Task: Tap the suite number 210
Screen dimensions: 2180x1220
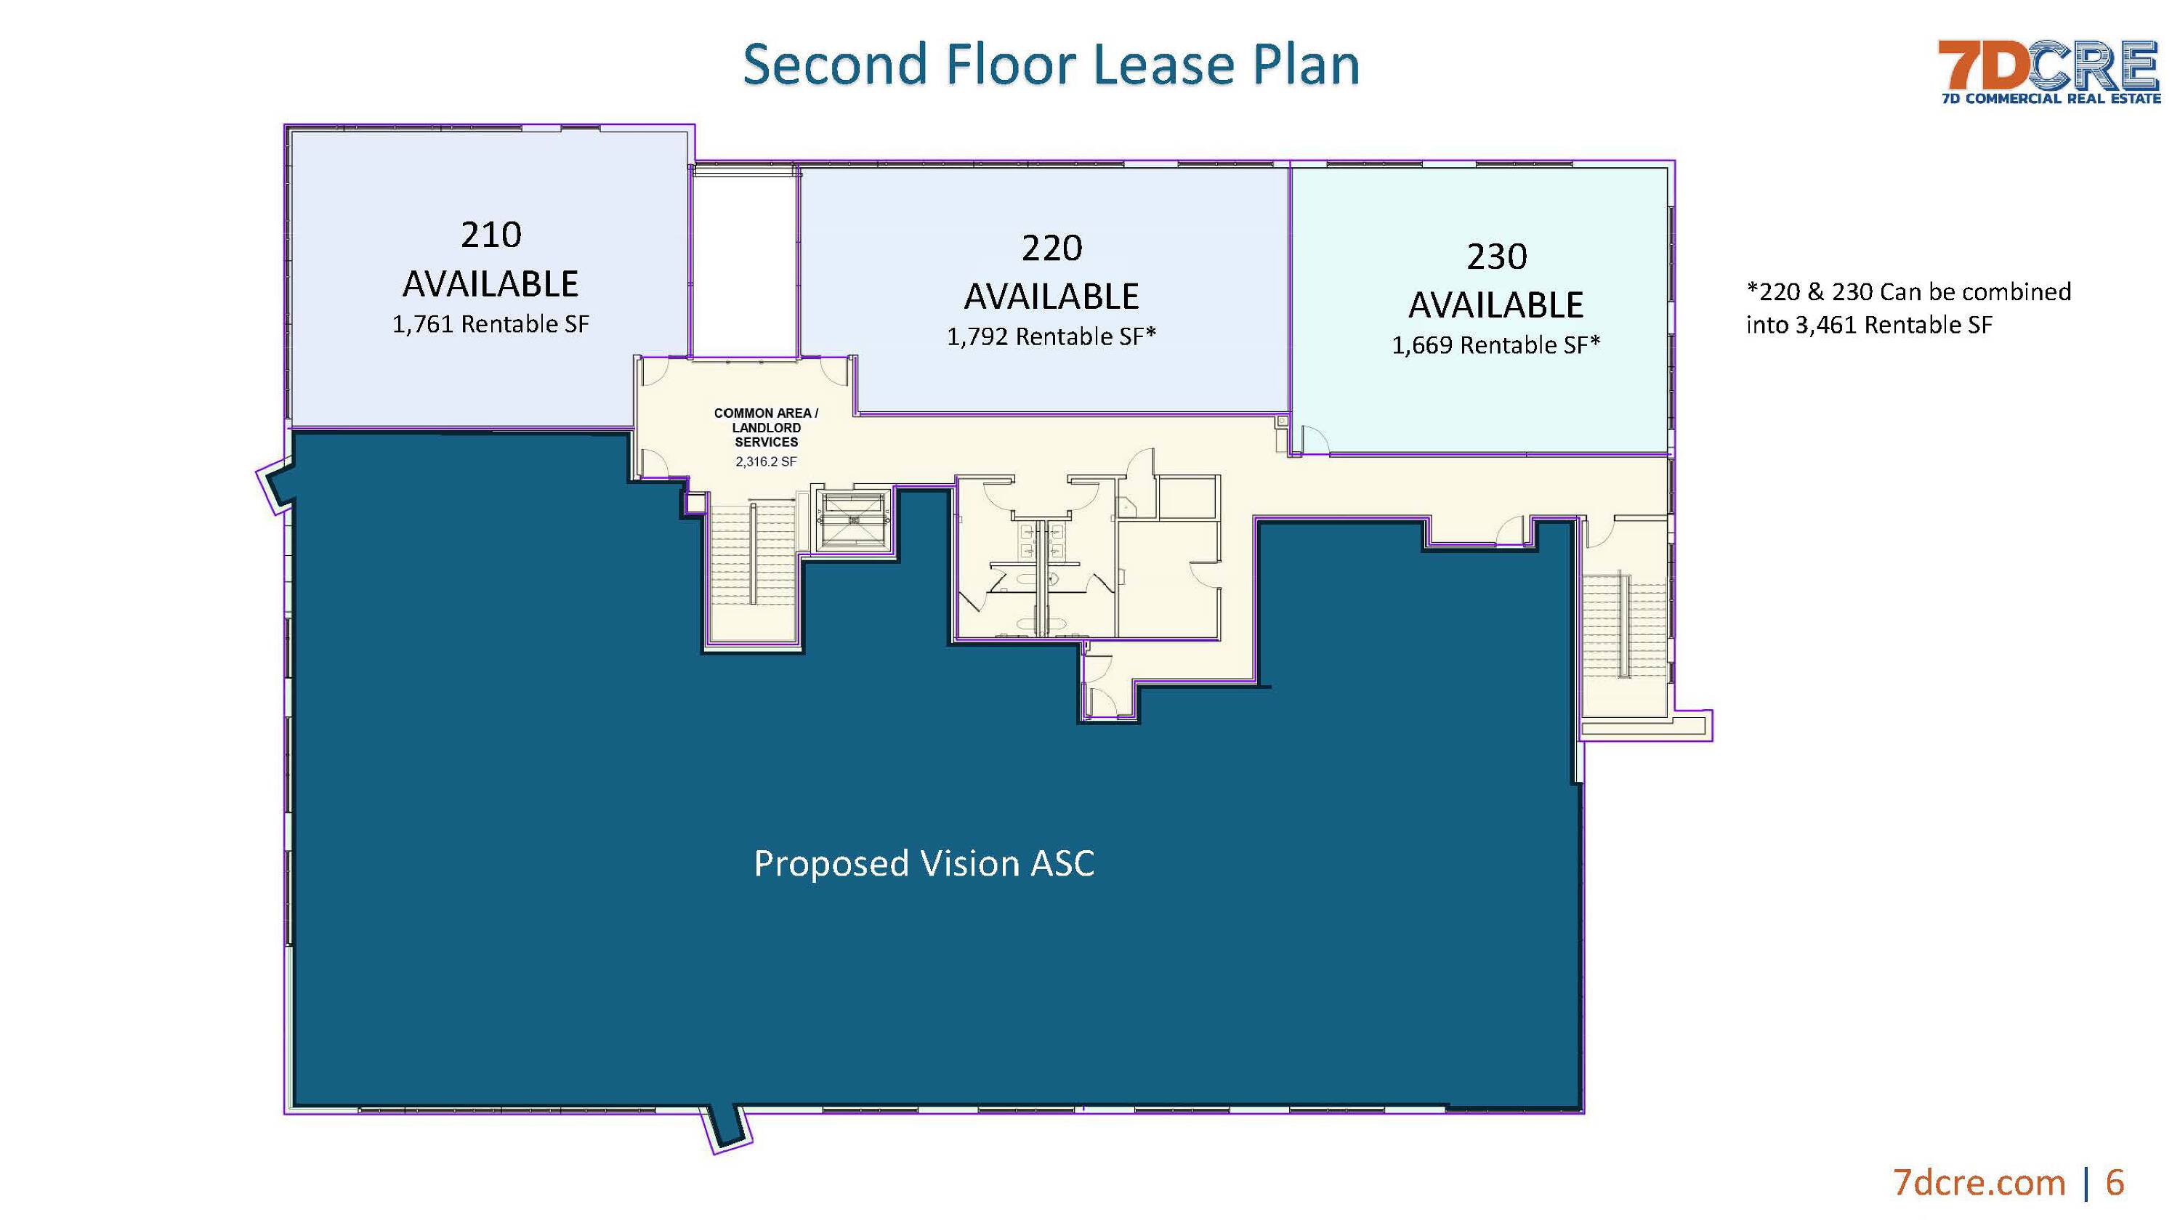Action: tap(490, 235)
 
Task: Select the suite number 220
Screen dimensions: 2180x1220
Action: tap(1052, 248)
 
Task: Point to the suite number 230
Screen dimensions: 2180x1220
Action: tap(1496, 256)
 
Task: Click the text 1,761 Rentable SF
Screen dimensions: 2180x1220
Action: tap(490, 324)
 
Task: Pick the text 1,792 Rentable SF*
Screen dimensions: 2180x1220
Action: tap(1051, 336)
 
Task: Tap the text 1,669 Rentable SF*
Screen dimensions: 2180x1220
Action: tap(1496, 344)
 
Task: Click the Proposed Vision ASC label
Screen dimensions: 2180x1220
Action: tap(924, 863)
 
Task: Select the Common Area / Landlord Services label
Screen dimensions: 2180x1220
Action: tap(766, 427)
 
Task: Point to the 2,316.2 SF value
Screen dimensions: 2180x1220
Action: tap(766, 462)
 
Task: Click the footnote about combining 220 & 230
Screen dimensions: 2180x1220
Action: tap(1908, 308)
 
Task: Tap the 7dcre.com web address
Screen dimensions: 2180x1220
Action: tap(1979, 1182)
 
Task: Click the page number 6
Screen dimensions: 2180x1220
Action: tap(2114, 1182)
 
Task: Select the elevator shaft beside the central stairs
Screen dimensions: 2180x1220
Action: tap(853, 519)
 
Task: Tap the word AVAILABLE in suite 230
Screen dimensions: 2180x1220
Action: tap(1496, 304)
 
